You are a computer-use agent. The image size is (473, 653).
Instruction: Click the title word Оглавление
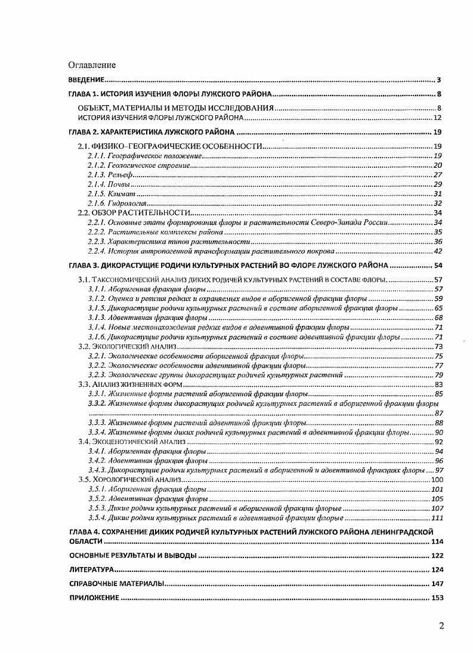coord(92,64)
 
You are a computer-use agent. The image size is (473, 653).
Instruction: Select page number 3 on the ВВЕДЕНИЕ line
coord(438,80)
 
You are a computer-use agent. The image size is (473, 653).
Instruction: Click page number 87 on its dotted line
coord(439,413)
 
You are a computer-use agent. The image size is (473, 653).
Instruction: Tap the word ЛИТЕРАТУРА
coord(89,570)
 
